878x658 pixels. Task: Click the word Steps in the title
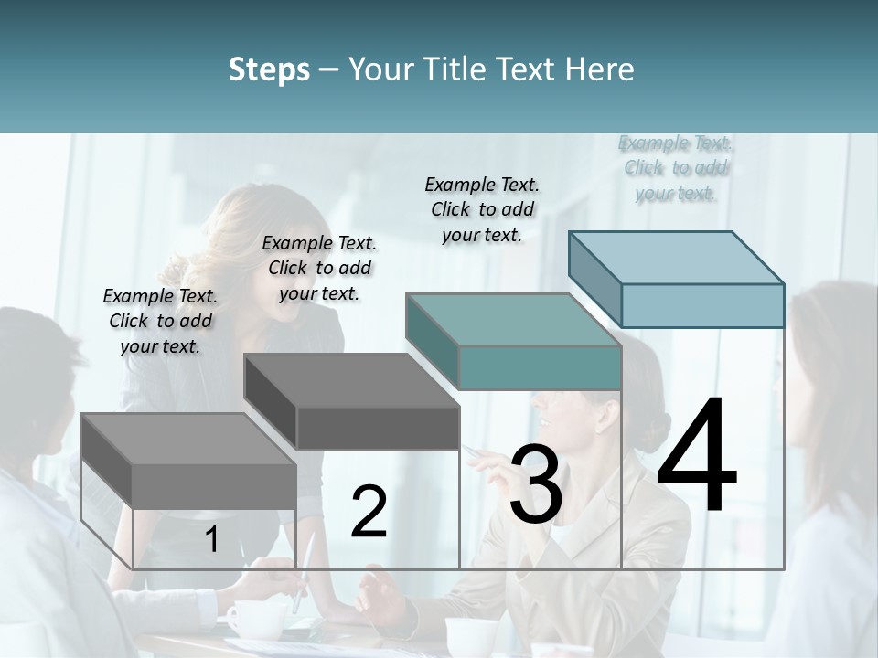click(x=269, y=69)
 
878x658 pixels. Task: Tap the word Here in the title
click(x=599, y=69)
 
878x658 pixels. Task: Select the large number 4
click(x=697, y=456)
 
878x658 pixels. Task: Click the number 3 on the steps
click(x=536, y=483)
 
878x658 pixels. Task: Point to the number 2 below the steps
click(x=369, y=512)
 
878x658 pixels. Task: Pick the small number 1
click(x=211, y=540)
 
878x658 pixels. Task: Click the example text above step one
click(x=160, y=321)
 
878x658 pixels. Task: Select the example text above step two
click(x=319, y=268)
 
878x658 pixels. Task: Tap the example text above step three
click(x=482, y=209)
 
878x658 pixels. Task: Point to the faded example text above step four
click(x=676, y=168)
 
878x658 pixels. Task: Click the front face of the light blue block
click(x=702, y=305)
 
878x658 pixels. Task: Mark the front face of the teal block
click(x=540, y=367)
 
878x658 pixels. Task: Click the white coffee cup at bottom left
click(x=242, y=619)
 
